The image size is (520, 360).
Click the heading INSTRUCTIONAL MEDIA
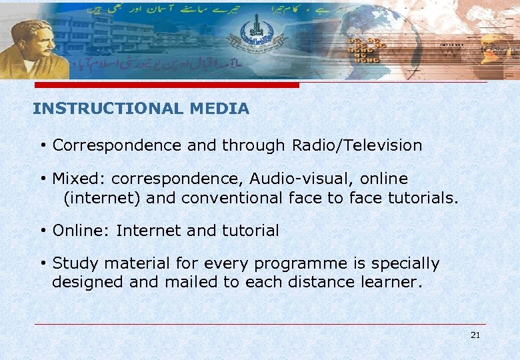(x=141, y=109)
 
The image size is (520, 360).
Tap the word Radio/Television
(x=357, y=145)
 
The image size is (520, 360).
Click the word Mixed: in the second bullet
(x=79, y=179)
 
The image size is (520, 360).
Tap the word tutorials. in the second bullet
(x=424, y=198)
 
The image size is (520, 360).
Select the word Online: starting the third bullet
(x=81, y=231)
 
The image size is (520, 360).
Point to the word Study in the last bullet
(x=71, y=264)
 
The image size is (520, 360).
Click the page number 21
(x=475, y=335)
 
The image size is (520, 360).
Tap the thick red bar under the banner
(x=167, y=85)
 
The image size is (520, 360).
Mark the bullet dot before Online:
(x=42, y=231)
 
